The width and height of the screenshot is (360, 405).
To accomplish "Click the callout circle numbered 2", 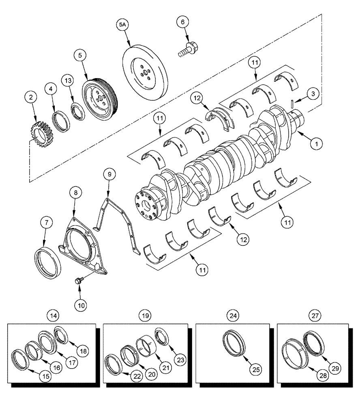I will click(31, 97).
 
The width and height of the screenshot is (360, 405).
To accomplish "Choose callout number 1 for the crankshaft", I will click(316, 143).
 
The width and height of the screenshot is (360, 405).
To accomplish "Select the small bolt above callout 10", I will click(79, 279).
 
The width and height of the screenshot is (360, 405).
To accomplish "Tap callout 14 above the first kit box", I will click(52, 315).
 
